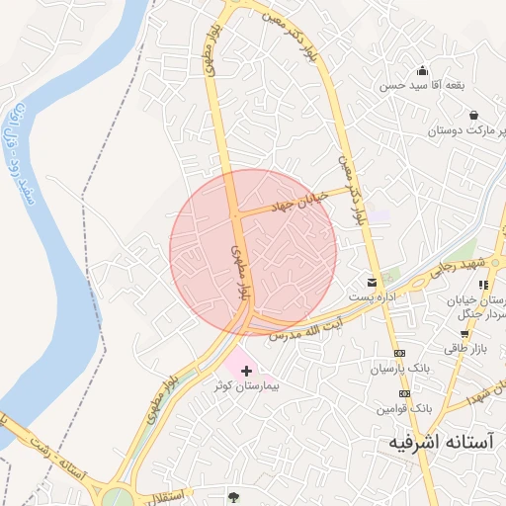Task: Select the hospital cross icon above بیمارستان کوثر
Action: pos(246,370)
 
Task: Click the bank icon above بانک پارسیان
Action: pos(399,353)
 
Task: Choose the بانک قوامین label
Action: pos(404,407)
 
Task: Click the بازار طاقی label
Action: pos(466,348)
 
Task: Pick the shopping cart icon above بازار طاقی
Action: pos(464,334)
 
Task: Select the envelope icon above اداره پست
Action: pos(373,283)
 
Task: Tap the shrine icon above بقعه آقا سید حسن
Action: pos(422,70)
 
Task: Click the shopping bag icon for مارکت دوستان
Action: pos(473,115)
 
